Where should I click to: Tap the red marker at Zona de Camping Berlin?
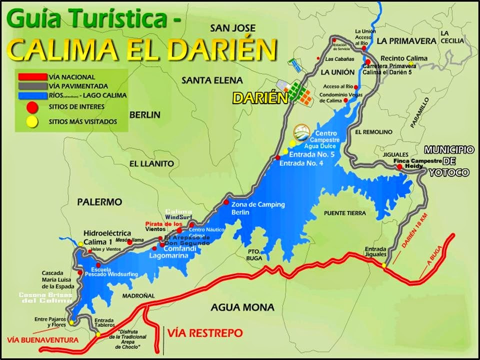[x=226, y=202]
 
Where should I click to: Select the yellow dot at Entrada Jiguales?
[x=384, y=265]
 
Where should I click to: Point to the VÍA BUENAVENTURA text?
[x=43, y=340]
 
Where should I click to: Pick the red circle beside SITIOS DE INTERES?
[x=31, y=106]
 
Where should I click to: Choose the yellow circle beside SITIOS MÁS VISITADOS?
[x=31, y=120]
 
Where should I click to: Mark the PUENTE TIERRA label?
[x=345, y=213]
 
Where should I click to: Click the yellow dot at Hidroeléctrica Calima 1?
[x=80, y=244]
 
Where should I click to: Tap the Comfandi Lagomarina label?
[x=168, y=251]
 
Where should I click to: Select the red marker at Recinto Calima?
[x=367, y=62]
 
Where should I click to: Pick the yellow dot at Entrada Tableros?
[x=98, y=334]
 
